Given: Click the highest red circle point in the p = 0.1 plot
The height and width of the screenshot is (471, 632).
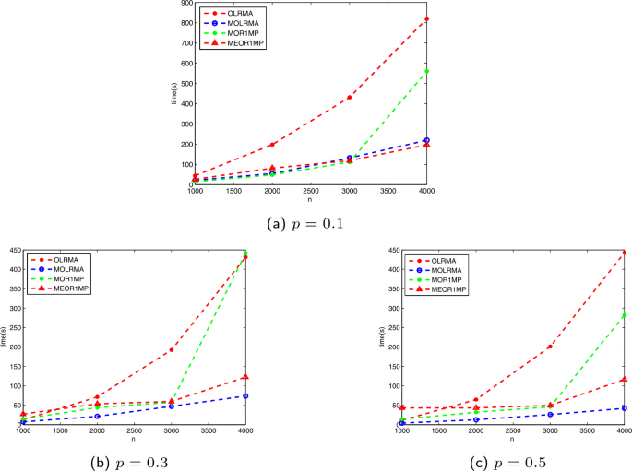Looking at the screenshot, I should (426, 18).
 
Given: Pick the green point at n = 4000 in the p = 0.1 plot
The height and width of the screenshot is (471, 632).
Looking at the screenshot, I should (426, 71).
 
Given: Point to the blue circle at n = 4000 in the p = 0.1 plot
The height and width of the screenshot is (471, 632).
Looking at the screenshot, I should (426, 140).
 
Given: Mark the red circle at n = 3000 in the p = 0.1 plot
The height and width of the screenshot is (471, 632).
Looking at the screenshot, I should (350, 98).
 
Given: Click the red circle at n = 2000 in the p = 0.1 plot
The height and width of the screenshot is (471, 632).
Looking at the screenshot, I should (272, 145).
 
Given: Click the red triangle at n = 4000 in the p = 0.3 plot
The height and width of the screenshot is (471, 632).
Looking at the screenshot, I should (245, 377).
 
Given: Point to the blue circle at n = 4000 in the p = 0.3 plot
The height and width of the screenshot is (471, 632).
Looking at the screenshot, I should (245, 396).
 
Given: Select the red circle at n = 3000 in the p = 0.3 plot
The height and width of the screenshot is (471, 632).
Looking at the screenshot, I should (172, 349).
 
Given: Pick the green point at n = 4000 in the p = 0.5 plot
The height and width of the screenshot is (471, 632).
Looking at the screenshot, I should (624, 315).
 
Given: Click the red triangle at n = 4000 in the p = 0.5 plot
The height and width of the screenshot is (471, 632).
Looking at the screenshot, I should (624, 379).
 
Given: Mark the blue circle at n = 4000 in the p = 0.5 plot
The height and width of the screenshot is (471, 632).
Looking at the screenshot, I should (624, 408).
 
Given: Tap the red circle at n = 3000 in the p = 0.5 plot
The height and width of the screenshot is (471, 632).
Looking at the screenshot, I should (550, 347).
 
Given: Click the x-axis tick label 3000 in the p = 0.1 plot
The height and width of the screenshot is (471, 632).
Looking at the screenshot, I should (350, 190).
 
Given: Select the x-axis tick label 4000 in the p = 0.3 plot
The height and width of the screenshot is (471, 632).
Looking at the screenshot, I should (245, 430).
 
